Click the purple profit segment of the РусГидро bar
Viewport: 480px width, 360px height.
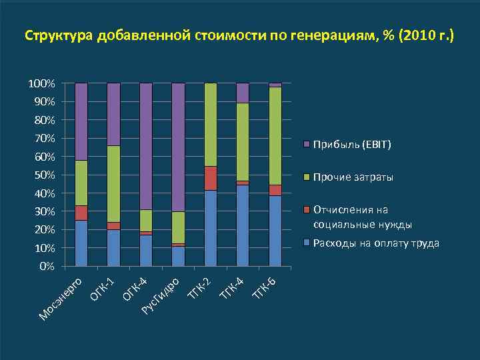click(178, 147)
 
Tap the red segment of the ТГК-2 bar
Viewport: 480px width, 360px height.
click(211, 178)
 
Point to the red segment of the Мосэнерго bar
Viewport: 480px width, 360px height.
click(81, 213)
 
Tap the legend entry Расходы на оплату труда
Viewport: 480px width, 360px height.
click(376, 243)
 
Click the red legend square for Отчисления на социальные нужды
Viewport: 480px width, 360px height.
click(307, 209)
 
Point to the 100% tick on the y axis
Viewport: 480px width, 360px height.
click(41, 83)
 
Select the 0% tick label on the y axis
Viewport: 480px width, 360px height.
click(47, 266)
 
